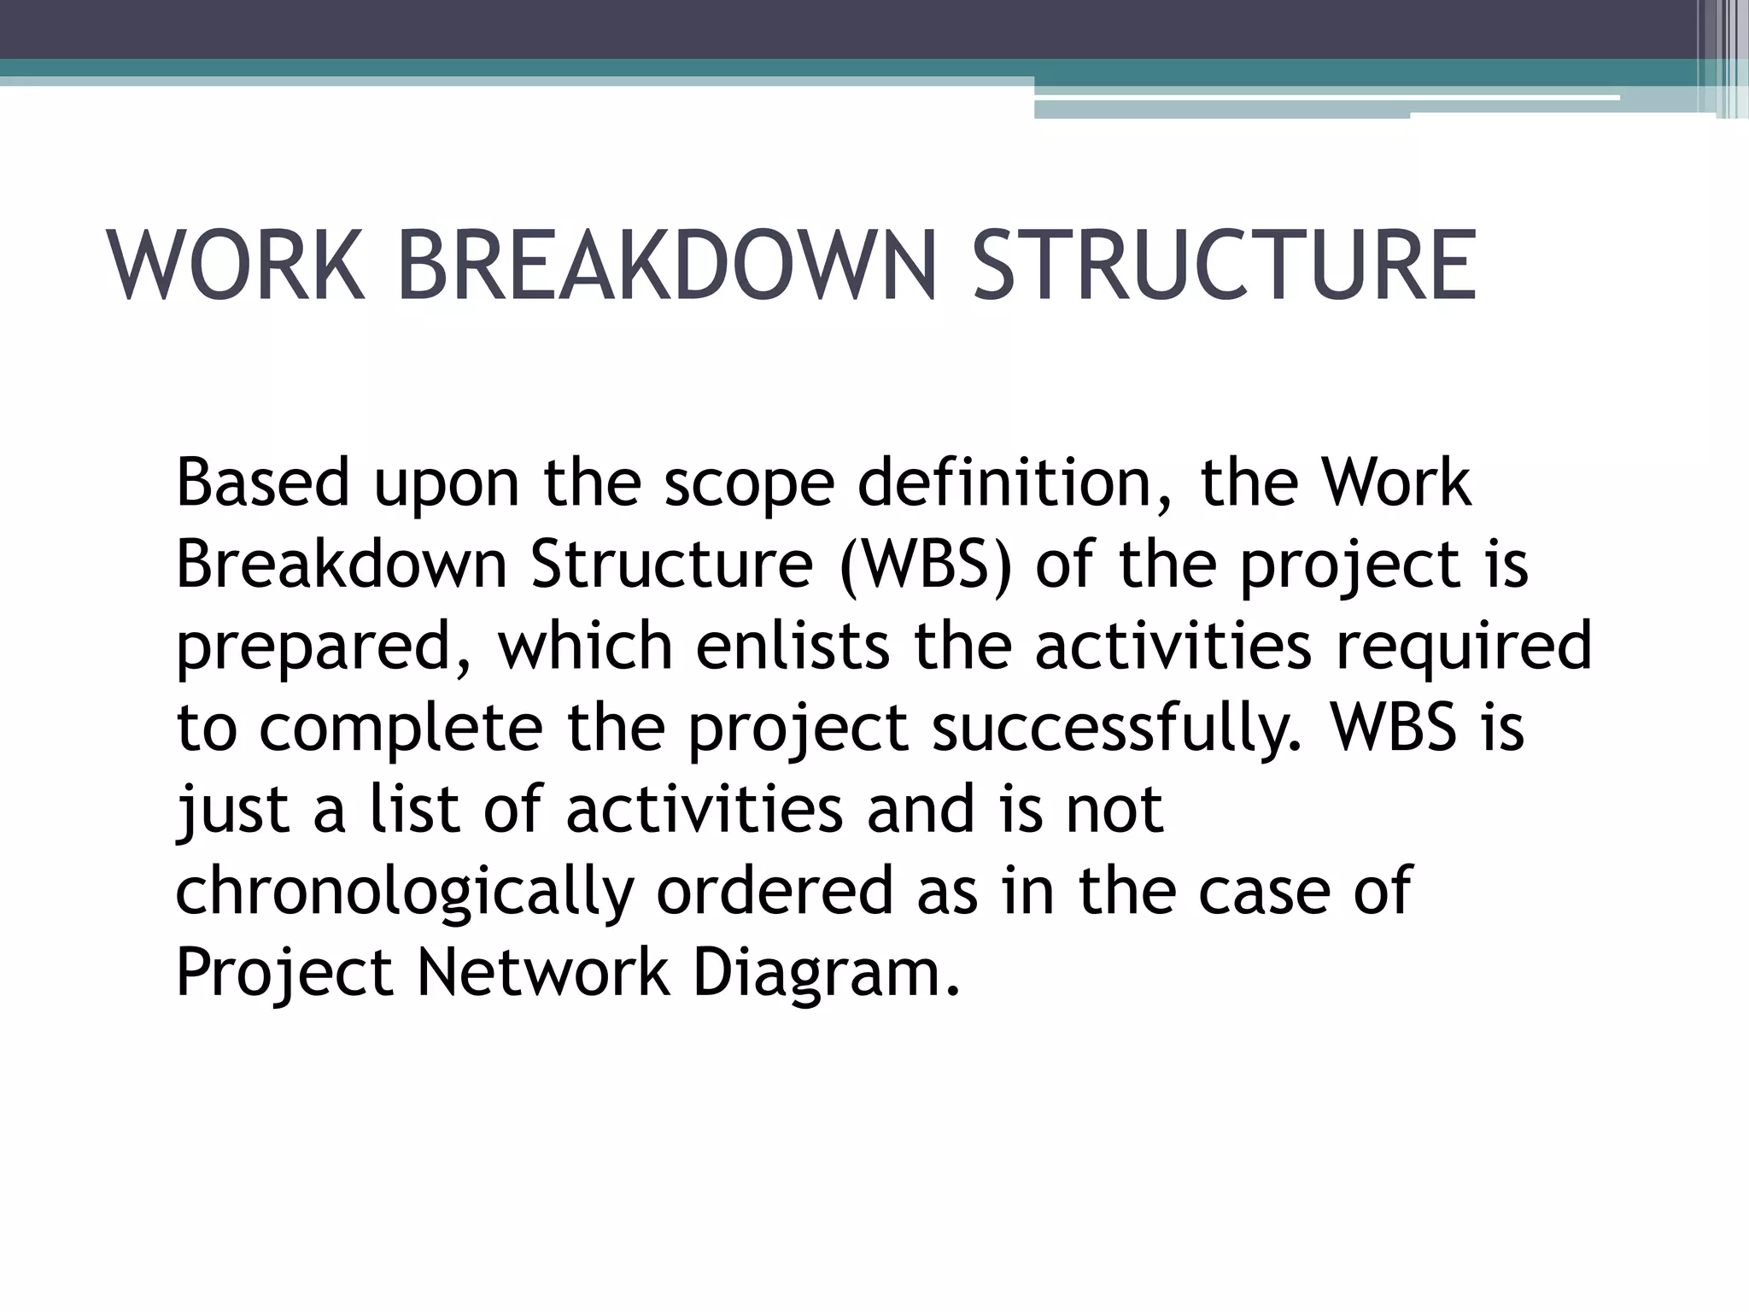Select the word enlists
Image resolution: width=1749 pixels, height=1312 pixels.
click(x=793, y=646)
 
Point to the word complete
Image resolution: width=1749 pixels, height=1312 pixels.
click(x=401, y=729)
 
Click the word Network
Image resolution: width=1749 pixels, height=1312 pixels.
click(x=543, y=972)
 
